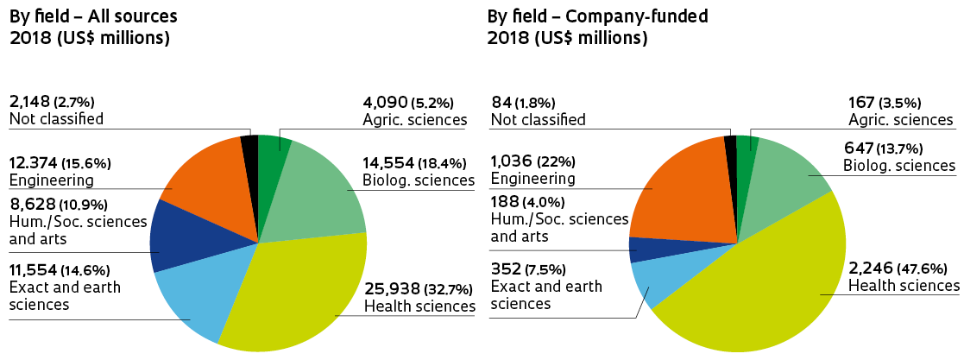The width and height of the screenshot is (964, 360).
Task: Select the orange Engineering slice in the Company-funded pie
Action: (x=682, y=199)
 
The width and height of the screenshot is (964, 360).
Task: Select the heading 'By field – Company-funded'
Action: (x=589, y=16)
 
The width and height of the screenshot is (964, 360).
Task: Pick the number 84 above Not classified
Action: (x=500, y=101)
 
